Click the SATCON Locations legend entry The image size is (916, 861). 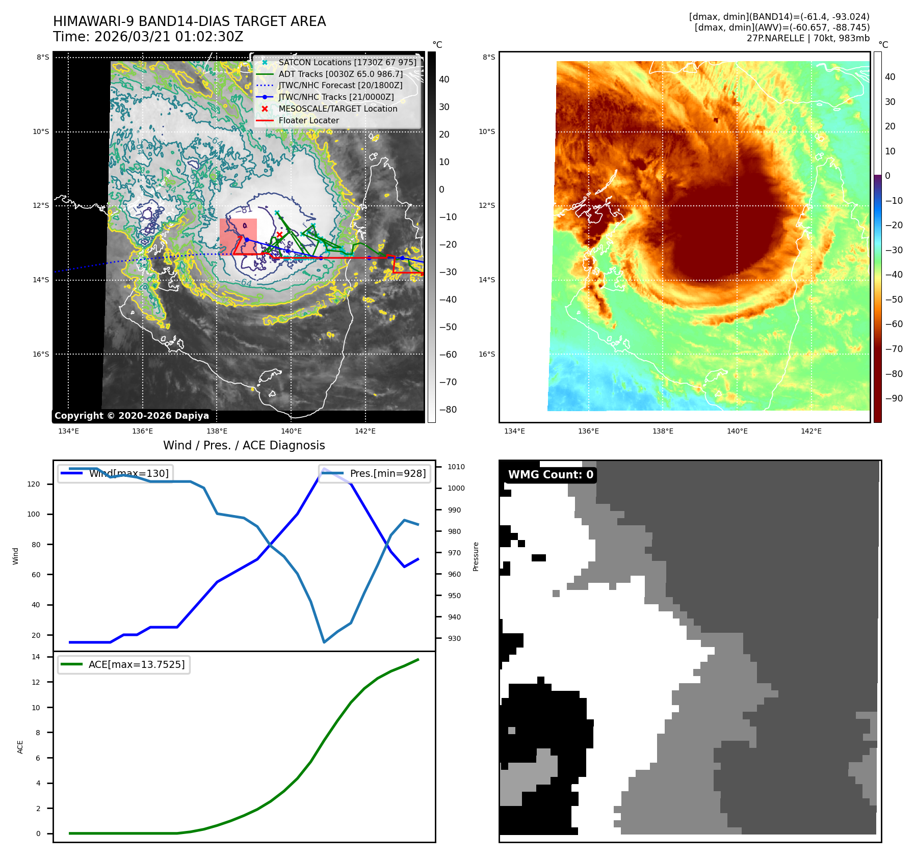(x=347, y=62)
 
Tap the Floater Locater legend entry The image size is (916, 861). (x=308, y=120)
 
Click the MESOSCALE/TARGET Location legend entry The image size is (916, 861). (x=337, y=109)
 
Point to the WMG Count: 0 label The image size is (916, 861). (x=551, y=474)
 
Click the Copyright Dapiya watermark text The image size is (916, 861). (x=132, y=416)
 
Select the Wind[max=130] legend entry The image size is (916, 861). (x=128, y=473)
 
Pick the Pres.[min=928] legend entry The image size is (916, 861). (x=387, y=473)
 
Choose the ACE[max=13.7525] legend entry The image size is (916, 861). (x=136, y=664)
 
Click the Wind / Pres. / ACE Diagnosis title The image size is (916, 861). (x=244, y=445)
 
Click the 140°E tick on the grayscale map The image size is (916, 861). (x=291, y=431)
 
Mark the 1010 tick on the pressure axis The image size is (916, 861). (x=456, y=467)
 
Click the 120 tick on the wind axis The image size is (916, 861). (x=34, y=484)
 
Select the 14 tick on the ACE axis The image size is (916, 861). (x=36, y=657)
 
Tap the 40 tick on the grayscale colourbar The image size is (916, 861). (x=444, y=79)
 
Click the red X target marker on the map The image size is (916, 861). (x=279, y=234)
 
